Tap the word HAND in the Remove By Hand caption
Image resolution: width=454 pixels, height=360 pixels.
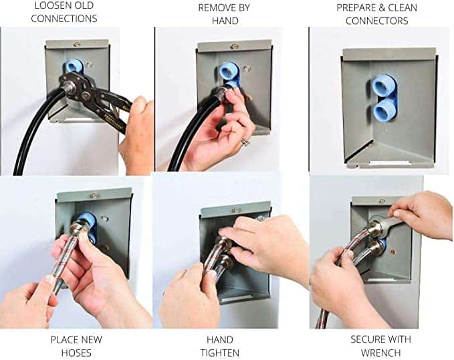click(225, 21)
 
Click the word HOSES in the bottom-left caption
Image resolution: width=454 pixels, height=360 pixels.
click(76, 353)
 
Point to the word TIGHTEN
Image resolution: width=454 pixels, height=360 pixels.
click(220, 353)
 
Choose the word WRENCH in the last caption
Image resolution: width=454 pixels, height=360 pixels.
click(380, 353)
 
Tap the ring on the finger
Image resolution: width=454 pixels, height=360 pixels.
click(245, 142)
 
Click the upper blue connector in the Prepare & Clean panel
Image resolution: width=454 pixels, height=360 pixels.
click(382, 86)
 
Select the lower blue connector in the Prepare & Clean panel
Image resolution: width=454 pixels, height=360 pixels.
click(384, 110)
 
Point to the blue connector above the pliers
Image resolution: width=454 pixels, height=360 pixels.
click(74, 66)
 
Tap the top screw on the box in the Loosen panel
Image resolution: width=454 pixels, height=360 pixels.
click(77, 44)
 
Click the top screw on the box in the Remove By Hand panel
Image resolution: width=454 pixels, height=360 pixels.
click(234, 46)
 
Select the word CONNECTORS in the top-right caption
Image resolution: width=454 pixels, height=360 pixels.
click(376, 21)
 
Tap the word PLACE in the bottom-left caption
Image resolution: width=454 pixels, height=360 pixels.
click(64, 339)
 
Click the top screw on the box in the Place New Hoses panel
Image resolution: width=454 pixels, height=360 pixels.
click(94, 195)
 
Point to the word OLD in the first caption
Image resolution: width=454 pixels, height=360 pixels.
click(87, 5)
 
